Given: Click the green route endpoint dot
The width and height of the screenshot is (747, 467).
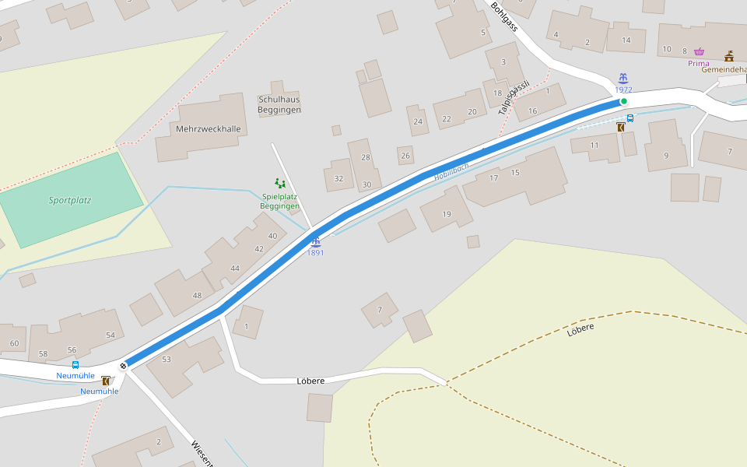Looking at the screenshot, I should pyautogui.click(x=623, y=101).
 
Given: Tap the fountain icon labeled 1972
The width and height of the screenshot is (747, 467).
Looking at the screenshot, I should pyautogui.click(x=622, y=79).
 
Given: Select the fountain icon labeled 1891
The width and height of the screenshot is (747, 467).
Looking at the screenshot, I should pyautogui.click(x=315, y=242).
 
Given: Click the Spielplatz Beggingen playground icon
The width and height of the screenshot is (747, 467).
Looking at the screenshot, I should pyautogui.click(x=279, y=184).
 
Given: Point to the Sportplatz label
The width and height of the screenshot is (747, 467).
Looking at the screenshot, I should pyautogui.click(x=70, y=200).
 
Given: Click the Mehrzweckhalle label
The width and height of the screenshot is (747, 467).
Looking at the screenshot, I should pyautogui.click(x=209, y=129).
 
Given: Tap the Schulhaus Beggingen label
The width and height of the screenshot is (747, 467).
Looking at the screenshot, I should pyautogui.click(x=279, y=104).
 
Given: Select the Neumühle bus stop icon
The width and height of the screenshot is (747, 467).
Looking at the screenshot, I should pyautogui.click(x=75, y=364).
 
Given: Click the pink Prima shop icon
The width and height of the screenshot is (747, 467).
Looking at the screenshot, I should pyautogui.click(x=699, y=51).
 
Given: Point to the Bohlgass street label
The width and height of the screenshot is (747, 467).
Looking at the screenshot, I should pyautogui.click(x=504, y=16).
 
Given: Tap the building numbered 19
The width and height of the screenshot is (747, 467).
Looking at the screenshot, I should pyautogui.click(x=446, y=214).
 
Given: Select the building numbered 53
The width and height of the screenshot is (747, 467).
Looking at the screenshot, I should pyautogui.click(x=166, y=359).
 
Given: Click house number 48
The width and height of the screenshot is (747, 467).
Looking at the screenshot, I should pyautogui.click(x=197, y=295).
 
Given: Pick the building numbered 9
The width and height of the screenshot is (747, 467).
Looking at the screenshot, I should pyautogui.click(x=665, y=156).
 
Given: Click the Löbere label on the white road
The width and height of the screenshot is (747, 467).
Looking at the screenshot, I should pyautogui.click(x=310, y=381).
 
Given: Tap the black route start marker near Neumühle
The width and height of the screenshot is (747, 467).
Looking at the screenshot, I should pyautogui.click(x=123, y=366).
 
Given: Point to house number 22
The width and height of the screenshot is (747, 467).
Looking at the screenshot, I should pyautogui.click(x=446, y=119).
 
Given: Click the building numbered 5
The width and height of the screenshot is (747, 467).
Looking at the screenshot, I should pyautogui.click(x=482, y=32).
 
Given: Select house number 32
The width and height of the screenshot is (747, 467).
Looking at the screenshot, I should pyautogui.click(x=338, y=179).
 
